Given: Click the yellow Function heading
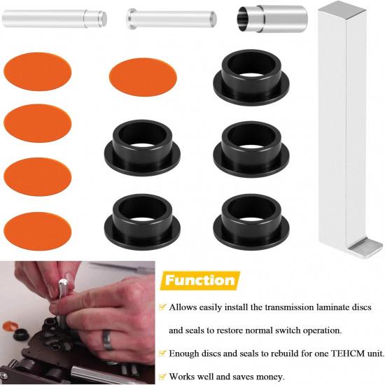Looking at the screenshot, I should pyautogui.click(x=199, y=281).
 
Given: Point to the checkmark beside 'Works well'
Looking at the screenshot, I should pyautogui.click(x=162, y=376).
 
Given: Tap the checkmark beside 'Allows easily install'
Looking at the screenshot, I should pyautogui.click(x=162, y=307).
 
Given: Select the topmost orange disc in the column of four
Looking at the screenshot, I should pyautogui.click(x=38, y=71).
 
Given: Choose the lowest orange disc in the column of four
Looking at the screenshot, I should pyautogui.click(x=38, y=229).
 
